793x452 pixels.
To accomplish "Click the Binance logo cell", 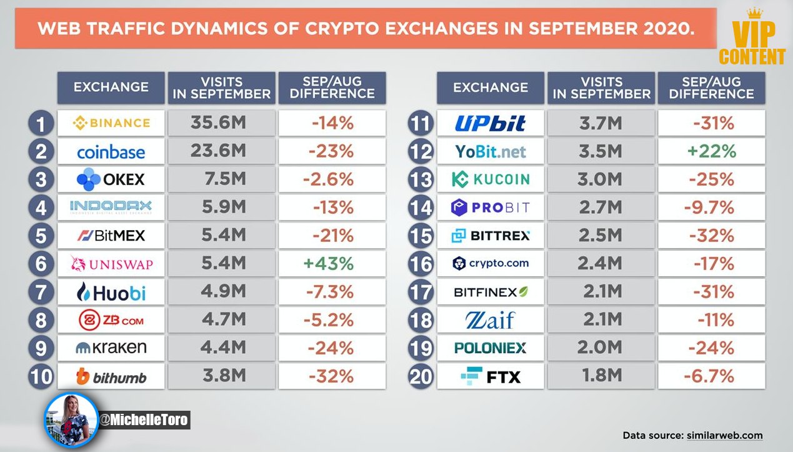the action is [111, 123].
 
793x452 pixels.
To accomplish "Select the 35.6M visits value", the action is [218, 123].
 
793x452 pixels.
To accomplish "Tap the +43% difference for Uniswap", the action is [329, 264].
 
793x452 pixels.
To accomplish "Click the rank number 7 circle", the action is [41, 292].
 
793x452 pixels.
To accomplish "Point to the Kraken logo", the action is [111, 348].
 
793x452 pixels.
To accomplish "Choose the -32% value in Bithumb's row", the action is [331, 376].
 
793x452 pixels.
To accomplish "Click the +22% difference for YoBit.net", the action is [712, 151].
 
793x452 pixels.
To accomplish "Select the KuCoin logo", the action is [491, 179].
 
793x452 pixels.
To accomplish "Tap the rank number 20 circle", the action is [421, 376].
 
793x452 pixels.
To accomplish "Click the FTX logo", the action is [491, 376].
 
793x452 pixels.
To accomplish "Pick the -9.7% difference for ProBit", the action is [709, 207].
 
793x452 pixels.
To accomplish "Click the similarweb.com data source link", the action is [725, 435].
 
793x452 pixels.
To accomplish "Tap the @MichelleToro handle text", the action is [143, 420].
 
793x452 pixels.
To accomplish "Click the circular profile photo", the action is [71, 419].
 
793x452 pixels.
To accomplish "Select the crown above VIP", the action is [754, 13].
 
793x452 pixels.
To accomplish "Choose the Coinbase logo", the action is [111, 152].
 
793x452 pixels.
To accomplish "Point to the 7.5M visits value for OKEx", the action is [225, 179].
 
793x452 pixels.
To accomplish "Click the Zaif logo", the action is [491, 320].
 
